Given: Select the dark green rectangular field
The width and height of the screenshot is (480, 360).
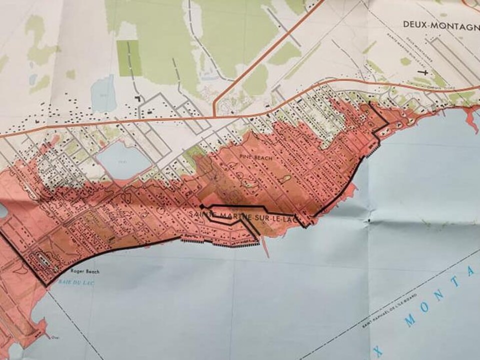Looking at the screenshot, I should click(x=128, y=58).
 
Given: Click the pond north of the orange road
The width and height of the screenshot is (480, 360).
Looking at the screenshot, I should click(x=102, y=90).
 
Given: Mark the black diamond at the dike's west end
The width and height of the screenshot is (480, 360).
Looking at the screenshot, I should click(x=201, y=205).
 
